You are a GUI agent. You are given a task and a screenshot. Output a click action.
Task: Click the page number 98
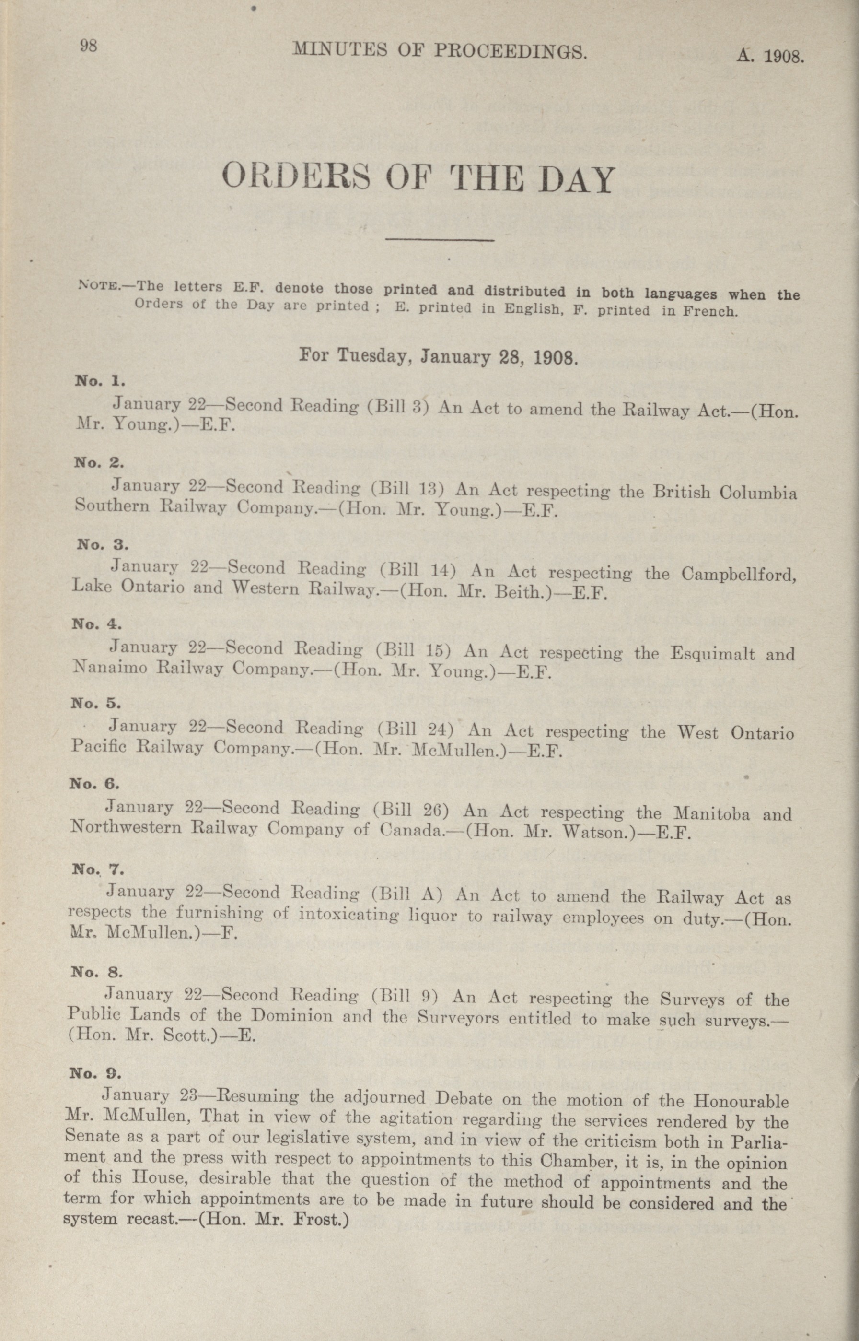(x=89, y=46)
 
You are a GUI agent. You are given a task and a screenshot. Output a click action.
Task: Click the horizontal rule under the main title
(x=441, y=240)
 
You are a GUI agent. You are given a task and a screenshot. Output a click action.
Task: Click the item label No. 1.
(x=100, y=382)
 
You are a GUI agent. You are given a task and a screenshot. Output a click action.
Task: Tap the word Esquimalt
(x=712, y=653)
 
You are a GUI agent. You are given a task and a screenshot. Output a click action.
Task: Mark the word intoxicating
(x=349, y=915)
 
